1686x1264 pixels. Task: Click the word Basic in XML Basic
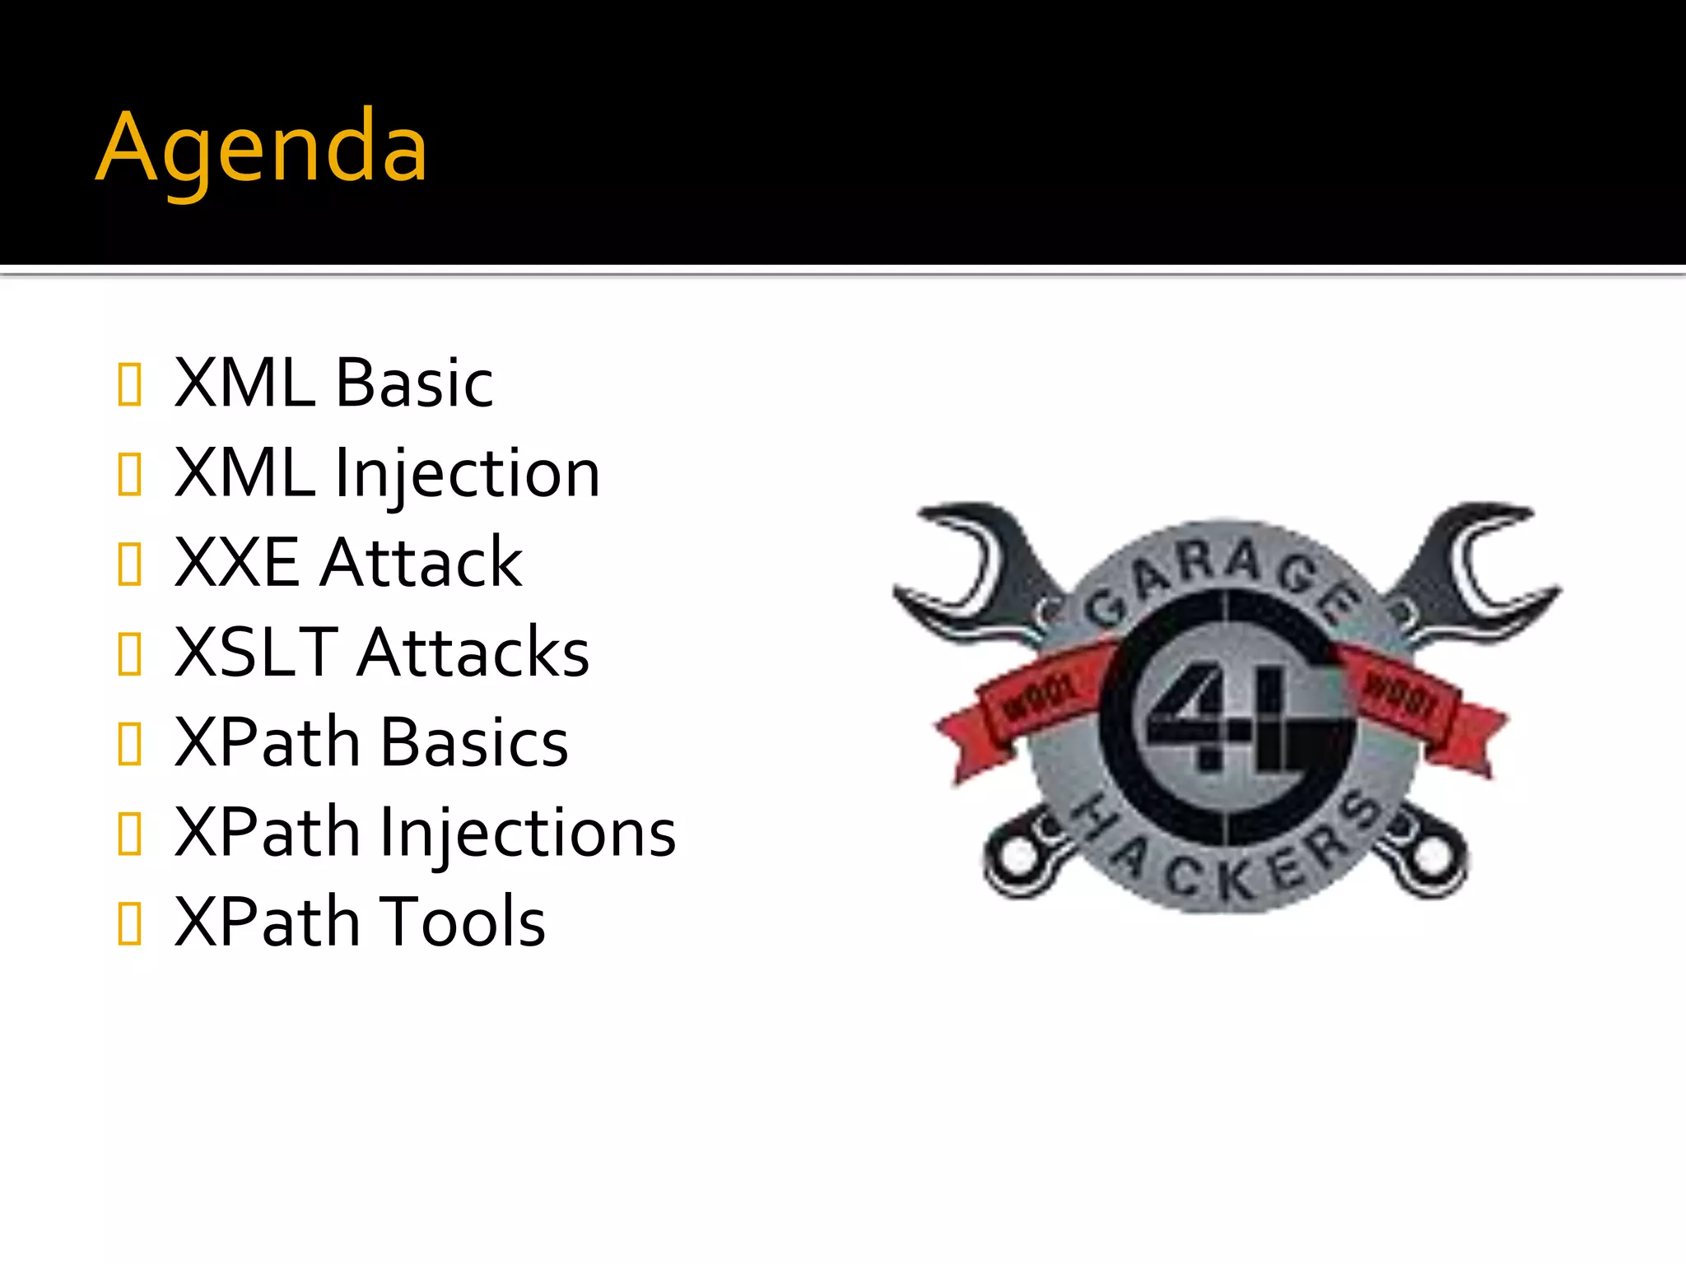coord(414,383)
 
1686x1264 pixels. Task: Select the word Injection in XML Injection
coord(467,475)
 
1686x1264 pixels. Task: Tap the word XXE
coord(237,563)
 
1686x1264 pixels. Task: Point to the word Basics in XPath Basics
coord(473,742)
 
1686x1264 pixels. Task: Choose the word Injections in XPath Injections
coord(527,833)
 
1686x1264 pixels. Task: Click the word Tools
coord(462,922)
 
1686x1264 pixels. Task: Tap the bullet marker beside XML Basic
coord(130,384)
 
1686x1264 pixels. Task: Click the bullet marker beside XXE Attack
coord(130,564)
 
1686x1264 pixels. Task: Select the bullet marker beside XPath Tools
coord(130,923)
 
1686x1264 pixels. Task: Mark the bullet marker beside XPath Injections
coord(130,834)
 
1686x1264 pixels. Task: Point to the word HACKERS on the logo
coord(1227,856)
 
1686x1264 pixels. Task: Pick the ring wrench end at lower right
coord(1428,856)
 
